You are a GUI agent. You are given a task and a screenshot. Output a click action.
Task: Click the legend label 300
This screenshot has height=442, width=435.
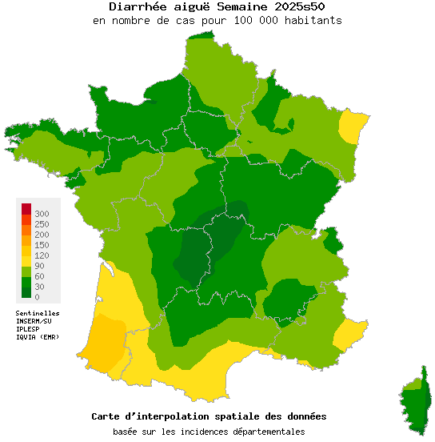click(x=42, y=214)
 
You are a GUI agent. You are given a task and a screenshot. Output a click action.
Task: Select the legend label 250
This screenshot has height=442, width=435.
click(x=42, y=224)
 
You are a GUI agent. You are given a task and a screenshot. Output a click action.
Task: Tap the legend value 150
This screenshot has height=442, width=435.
click(x=42, y=245)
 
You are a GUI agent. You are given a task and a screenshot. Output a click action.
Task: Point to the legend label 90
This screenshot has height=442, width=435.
click(x=40, y=266)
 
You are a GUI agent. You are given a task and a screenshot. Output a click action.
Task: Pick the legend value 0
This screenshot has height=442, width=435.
click(x=37, y=297)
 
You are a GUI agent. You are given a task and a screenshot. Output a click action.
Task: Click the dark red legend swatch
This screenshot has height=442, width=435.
click(x=26, y=209)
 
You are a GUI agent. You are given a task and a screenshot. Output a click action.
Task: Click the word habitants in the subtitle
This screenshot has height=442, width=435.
click(x=313, y=20)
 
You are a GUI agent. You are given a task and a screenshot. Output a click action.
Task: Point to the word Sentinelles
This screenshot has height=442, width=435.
click(x=38, y=313)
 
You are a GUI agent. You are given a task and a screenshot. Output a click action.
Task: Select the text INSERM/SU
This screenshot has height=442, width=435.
click(x=34, y=321)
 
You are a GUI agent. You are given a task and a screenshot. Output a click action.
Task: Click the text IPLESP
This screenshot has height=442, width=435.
click(x=28, y=329)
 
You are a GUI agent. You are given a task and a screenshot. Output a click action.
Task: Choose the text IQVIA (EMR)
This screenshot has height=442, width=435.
click(x=38, y=337)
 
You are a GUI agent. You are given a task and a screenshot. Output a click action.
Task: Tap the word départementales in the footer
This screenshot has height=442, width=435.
click(x=266, y=432)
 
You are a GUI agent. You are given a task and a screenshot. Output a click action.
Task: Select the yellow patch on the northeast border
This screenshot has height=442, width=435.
click(x=352, y=127)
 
